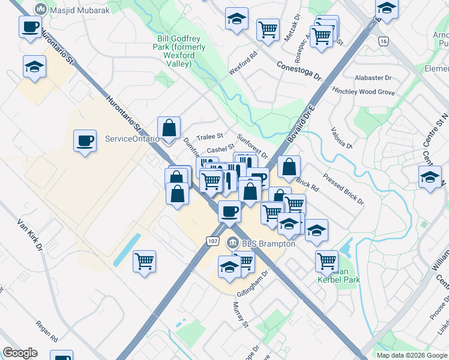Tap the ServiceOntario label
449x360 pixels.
coord(132,139)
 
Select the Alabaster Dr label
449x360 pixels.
coord(373,78)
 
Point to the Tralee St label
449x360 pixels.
coord(211,136)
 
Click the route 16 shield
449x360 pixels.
coord(383,41)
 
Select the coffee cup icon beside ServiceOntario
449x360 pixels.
coord(85,141)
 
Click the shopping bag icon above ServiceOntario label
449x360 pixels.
coord(169,127)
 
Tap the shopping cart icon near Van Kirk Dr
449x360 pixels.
coord(145,262)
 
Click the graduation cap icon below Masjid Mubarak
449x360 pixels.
coord(35,67)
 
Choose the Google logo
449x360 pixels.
coord(20,353)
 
